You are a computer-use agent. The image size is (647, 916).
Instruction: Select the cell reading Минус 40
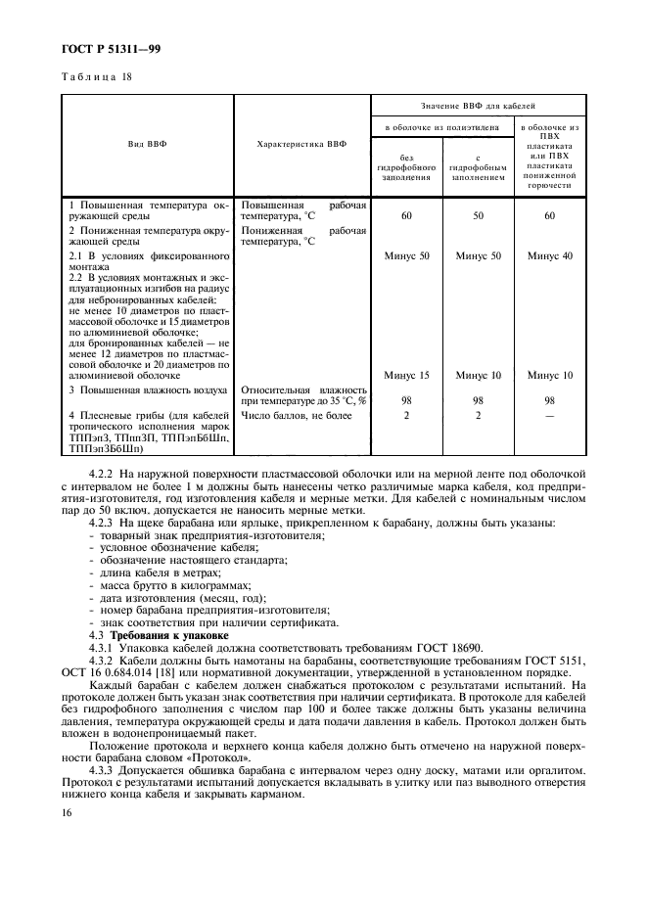coord(549,255)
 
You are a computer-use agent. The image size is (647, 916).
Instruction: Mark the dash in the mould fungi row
coord(549,415)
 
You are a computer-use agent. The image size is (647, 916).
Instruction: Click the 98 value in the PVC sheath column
coord(549,399)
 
